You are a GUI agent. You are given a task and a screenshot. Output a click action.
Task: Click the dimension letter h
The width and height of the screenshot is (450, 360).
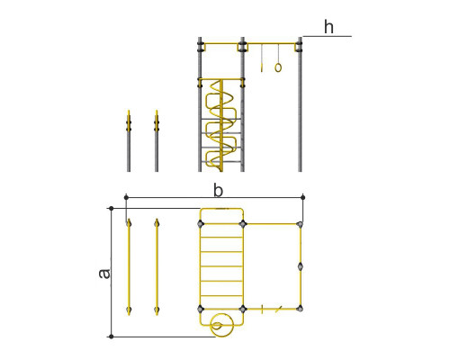coord(328,27)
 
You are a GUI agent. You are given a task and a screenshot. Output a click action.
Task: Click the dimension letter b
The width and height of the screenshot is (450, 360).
coord(218,191)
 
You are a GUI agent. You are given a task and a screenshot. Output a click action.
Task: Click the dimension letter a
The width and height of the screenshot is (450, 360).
coord(104,274)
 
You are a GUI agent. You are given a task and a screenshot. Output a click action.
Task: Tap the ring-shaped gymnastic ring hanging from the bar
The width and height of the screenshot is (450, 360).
coord(278,67)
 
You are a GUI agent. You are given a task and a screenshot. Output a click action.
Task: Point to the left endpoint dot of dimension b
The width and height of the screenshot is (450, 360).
coord(126,197)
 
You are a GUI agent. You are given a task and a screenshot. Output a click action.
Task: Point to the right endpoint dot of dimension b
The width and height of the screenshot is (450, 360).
coord(302,197)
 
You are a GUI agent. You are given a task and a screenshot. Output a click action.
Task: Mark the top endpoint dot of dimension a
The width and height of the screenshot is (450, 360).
coord(112,208)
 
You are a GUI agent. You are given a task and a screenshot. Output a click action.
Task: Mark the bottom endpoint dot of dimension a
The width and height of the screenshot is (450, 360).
coord(112,337)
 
